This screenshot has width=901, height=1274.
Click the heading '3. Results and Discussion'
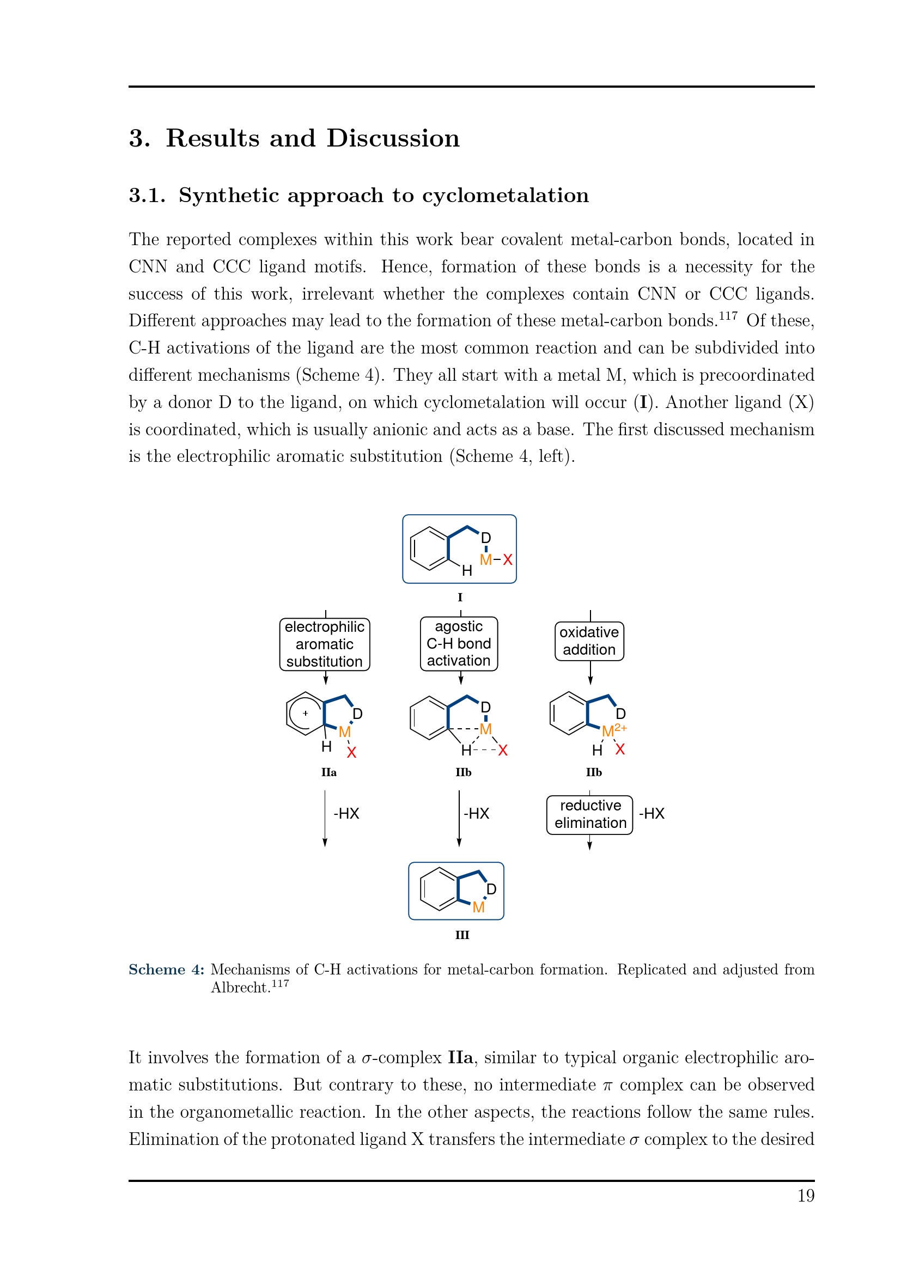click(x=294, y=138)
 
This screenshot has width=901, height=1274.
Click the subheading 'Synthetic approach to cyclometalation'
click(x=383, y=196)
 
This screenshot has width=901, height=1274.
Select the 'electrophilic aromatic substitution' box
click(x=325, y=644)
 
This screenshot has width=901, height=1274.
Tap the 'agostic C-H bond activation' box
click(x=459, y=644)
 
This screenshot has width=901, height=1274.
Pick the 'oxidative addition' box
click(x=589, y=641)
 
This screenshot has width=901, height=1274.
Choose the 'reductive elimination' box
click(x=590, y=814)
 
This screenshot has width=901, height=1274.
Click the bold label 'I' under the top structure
click(x=460, y=598)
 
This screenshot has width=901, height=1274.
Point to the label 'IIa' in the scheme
click(x=328, y=772)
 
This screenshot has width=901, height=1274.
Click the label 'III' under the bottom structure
click(x=462, y=935)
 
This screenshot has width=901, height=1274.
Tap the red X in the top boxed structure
click(x=508, y=559)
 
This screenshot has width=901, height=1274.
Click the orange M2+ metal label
click(x=613, y=731)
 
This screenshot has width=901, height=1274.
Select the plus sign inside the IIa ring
click(x=305, y=714)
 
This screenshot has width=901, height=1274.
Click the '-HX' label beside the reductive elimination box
click(x=652, y=813)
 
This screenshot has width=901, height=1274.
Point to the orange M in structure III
click(x=478, y=907)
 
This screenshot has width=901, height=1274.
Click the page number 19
click(x=806, y=1195)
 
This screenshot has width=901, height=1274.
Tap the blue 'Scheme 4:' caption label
click(x=167, y=970)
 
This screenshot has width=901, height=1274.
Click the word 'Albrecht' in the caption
click(x=240, y=987)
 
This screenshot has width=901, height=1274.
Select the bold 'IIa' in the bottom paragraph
click(x=460, y=1057)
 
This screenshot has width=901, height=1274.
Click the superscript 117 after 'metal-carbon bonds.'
click(x=728, y=316)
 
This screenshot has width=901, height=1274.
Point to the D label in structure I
click(x=486, y=538)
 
